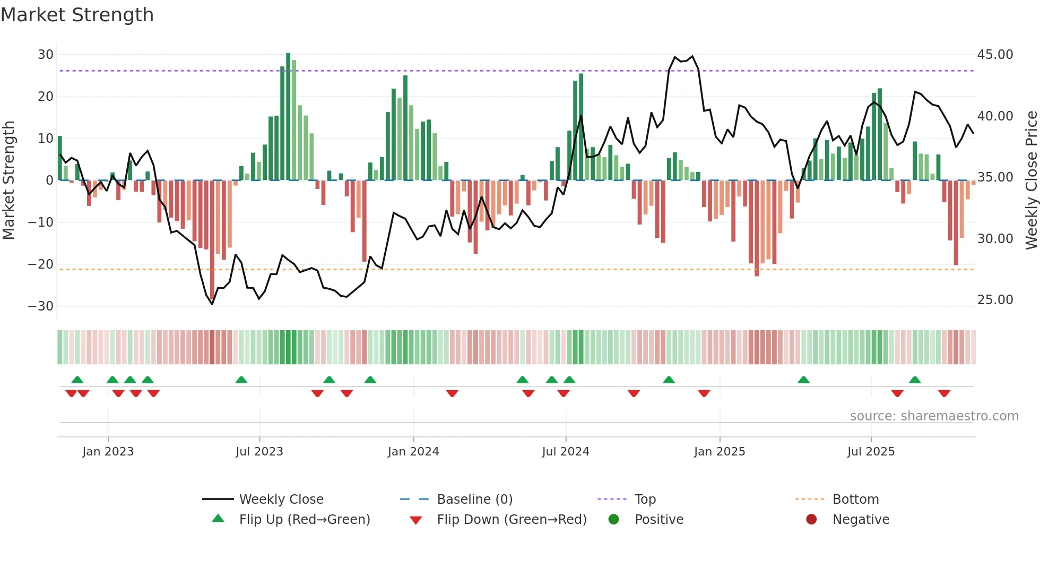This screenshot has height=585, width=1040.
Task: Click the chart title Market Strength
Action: point(77,15)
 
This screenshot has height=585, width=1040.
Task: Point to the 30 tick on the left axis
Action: point(46,55)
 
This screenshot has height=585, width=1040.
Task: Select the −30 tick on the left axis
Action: point(41,306)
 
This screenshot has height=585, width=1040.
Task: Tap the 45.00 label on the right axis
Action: point(995,55)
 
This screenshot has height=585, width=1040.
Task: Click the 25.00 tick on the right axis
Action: point(995,300)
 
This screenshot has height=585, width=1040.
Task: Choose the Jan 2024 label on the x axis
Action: point(413,452)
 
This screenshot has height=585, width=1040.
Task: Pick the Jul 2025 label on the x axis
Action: point(871,452)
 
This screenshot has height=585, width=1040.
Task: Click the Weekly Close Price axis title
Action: point(1031,180)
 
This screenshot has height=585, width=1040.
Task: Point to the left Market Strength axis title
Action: point(9,180)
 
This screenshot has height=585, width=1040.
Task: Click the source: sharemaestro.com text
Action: point(934,416)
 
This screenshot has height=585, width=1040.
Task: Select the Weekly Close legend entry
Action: point(281,500)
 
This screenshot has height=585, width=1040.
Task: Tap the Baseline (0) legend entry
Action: point(474,500)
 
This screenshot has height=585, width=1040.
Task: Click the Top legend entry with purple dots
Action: point(645,500)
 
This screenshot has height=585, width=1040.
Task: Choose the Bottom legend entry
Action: point(855,500)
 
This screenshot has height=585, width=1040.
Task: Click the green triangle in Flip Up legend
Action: point(218,519)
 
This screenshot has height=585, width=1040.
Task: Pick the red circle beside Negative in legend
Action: point(811,519)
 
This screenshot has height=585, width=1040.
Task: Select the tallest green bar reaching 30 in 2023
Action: point(288,117)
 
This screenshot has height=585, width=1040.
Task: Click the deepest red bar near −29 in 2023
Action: point(212,239)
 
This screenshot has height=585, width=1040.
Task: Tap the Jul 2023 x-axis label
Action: point(259,452)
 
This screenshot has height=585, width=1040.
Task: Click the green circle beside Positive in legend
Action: point(613,519)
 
